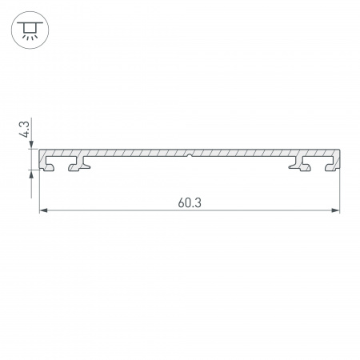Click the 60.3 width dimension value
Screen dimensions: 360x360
(190, 202)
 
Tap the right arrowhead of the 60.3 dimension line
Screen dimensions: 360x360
(335, 211)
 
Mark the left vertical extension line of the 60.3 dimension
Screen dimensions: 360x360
(40, 192)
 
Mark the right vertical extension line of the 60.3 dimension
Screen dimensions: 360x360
(340, 192)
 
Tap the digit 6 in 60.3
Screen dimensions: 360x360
(182, 202)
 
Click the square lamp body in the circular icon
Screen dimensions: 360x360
(30, 30)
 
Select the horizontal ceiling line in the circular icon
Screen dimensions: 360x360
(30, 23)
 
